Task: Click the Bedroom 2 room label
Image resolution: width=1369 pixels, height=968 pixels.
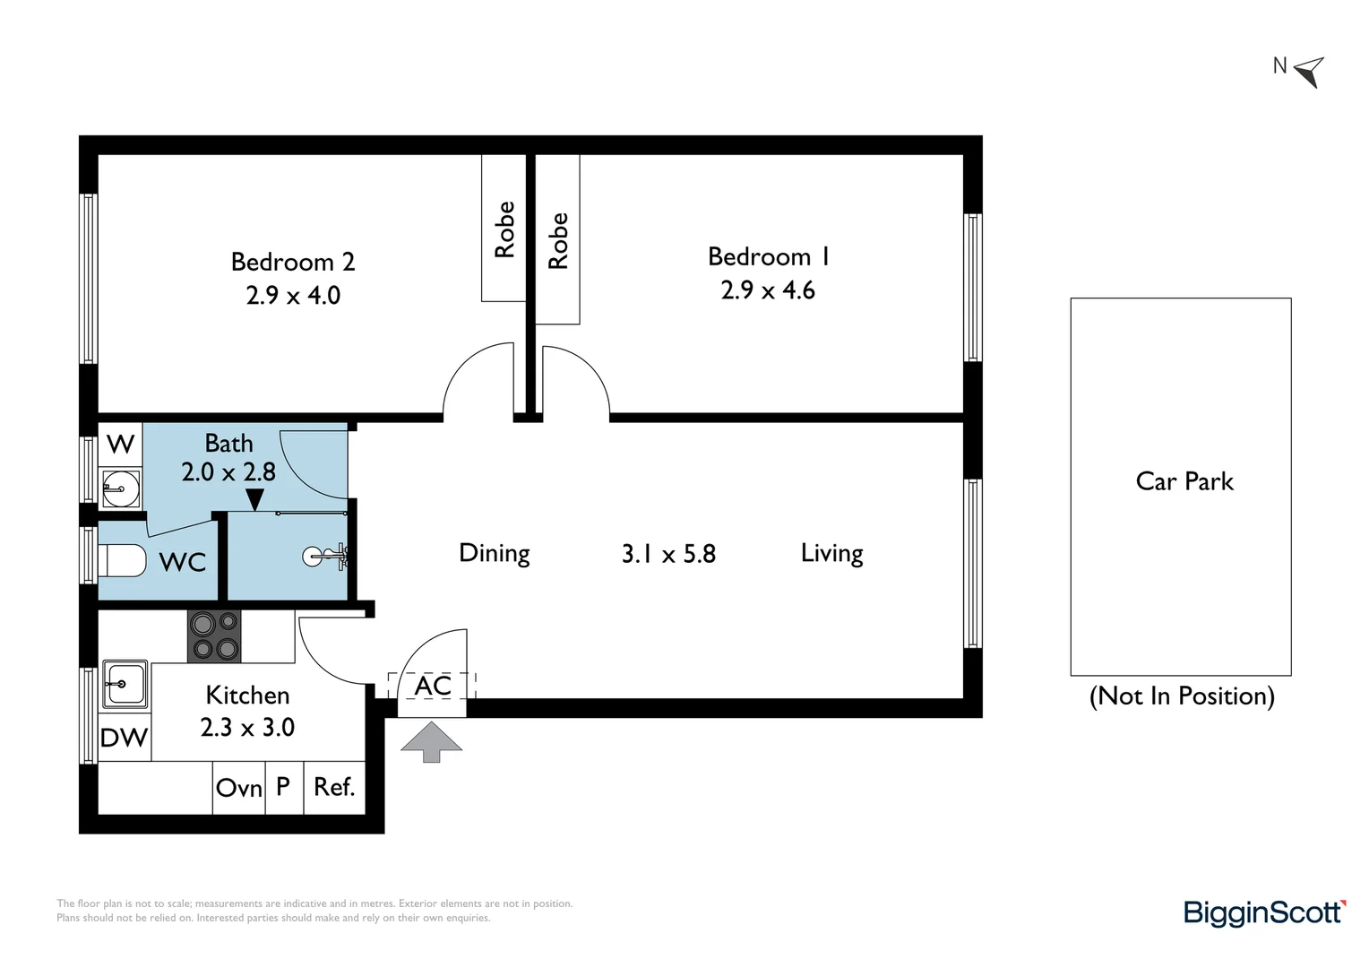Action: tap(293, 262)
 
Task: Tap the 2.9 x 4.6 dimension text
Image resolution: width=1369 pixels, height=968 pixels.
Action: tap(768, 290)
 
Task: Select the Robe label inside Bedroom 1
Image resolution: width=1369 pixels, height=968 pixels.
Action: tap(558, 240)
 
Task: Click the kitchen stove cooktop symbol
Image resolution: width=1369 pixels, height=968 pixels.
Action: tap(214, 635)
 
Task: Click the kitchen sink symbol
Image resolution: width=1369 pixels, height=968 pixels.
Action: tap(125, 684)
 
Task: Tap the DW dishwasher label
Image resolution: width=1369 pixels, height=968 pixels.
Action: tap(124, 738)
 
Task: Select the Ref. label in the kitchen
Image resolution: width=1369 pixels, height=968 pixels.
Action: tap(334, 787)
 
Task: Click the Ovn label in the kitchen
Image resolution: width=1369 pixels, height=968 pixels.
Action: tap(238, 788)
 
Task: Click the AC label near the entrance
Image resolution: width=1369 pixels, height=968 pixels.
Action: tap(433, 686)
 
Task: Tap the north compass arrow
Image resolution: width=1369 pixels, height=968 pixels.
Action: tap(1310, 71)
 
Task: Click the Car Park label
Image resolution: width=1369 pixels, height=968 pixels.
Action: tap(1184, 481)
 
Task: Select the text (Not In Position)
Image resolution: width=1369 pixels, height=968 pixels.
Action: tap(1181, 696)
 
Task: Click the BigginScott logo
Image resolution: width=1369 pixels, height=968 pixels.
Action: tap(1264, 912)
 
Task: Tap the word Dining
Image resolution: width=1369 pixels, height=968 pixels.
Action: tap(494, 553)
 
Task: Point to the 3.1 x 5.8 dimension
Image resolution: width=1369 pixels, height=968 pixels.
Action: tap(668, 554)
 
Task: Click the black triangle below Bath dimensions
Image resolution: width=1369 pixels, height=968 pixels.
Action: tap(255, 499)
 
